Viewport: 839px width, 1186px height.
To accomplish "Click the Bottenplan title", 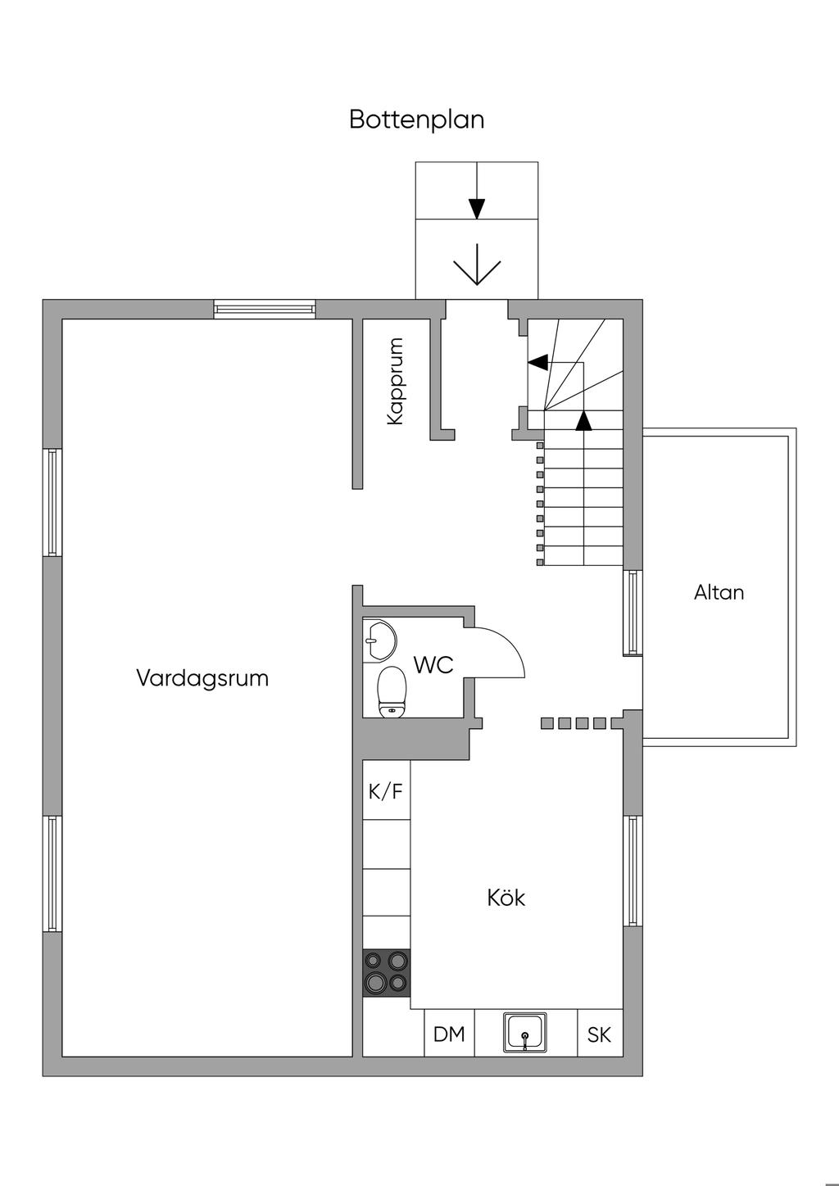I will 416,120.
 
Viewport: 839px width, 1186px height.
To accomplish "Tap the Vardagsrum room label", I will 202,678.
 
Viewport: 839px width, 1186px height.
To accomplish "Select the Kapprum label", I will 396,381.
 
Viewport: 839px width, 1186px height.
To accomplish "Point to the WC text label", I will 433,664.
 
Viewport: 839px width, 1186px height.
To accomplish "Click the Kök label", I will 506,898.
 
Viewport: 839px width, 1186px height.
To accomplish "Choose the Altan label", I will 719,592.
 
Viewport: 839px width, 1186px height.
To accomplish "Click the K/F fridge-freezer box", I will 386,791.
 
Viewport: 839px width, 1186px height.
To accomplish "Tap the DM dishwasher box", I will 449,1034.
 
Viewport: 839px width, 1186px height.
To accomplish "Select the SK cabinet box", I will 599,1034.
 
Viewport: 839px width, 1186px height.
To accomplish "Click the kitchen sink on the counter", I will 525,1033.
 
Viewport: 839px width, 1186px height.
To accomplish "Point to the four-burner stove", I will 387,972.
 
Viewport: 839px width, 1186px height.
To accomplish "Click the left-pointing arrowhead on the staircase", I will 537,362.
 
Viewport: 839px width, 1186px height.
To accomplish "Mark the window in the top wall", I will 264,309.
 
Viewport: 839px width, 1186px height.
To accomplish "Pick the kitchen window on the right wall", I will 632,871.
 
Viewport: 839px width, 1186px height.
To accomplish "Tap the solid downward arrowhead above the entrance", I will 477,209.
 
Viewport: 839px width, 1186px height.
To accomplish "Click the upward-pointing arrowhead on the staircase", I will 583,421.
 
